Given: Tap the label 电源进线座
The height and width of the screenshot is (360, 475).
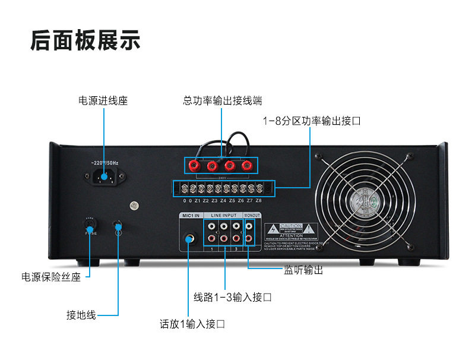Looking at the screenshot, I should pyautogui.click(x=103, y=100).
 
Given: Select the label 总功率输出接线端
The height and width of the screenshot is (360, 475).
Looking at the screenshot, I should pyautogui.click(x=223, y=100).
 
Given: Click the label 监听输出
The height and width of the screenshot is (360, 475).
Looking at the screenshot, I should pyautogui.click(x=303, y=270).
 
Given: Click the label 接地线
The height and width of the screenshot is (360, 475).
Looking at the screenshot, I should pyautogui.click(x=81, y=314).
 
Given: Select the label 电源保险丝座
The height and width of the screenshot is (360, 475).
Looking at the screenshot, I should pyautogui.click(x=51, y=276).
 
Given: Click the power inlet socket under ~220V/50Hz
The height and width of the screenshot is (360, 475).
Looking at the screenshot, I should pyautogui.click(x=106, y=176).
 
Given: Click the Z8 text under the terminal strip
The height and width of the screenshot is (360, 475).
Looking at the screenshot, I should pyautogui.click(x=258, y=201).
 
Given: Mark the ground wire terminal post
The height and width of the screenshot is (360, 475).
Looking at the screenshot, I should pyautogui.click(x=118, y=228).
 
